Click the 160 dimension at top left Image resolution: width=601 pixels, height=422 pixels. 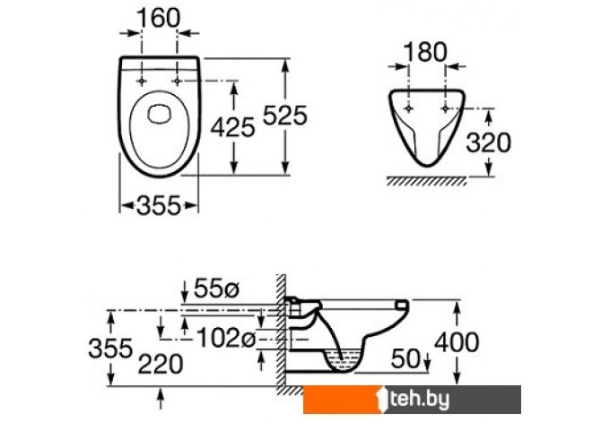[x=158, y=18]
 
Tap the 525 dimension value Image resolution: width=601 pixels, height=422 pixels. [x=284, y=115]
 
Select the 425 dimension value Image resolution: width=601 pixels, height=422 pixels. [x=232, y=126]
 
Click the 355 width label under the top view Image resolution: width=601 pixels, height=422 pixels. [x=158, y=206]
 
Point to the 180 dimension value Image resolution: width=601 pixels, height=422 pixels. [x=425, y=52]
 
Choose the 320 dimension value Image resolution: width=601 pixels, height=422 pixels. [x=488, y=142]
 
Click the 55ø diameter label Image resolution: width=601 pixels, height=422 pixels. [x=216, y=288]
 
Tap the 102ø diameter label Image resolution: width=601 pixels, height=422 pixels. [x=226, y=338]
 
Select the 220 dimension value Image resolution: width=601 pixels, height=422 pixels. [x=161, y=364]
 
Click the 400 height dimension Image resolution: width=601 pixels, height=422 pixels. [x=457, y=342]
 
